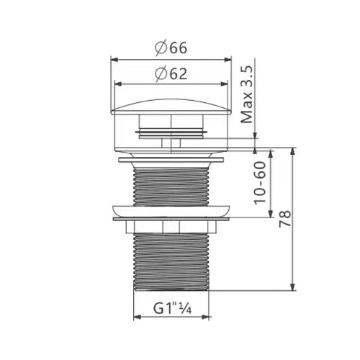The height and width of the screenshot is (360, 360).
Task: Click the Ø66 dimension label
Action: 171,49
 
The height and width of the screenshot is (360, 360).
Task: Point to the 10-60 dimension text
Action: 261,184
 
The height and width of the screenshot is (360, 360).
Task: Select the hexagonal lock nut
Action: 171,227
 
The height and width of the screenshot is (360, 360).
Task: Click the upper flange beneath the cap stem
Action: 171,154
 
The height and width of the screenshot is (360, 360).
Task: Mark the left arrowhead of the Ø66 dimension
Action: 112,58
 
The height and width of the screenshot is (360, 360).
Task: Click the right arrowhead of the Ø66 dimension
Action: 230,58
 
